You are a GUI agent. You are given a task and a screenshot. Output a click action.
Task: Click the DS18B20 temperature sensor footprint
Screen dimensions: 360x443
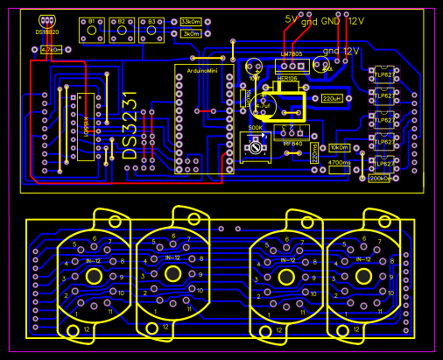point(46,22)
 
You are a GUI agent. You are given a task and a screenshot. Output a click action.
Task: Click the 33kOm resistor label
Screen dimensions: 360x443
point(191,22)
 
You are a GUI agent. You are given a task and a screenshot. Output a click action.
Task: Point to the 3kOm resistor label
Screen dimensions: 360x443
point(191,34)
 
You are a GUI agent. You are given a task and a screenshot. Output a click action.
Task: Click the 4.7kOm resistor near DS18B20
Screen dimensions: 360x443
point(52,50)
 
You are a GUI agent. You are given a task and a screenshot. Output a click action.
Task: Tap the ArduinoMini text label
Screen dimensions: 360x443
point(204,67)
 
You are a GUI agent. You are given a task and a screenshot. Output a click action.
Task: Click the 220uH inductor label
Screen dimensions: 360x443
point(333,98)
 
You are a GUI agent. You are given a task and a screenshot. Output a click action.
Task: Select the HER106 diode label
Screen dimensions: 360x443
point(287,79)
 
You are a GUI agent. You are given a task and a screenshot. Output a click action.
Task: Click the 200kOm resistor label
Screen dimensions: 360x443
point(379,179)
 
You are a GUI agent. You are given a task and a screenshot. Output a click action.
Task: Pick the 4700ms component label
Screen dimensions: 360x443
point(340,162)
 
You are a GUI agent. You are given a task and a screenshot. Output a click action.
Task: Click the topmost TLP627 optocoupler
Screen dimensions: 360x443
point(383,75)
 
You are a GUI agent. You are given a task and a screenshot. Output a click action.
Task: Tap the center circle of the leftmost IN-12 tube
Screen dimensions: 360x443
point(93,275)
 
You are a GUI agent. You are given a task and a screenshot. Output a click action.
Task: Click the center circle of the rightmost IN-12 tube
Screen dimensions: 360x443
point(362,275)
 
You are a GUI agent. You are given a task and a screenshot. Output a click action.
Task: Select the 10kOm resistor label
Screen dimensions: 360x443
point(339,148)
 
